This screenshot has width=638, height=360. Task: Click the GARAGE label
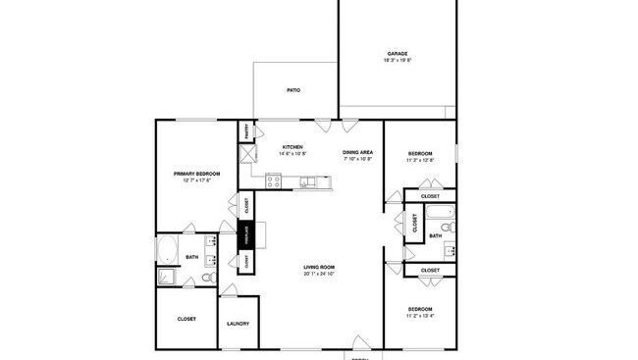[397, 54]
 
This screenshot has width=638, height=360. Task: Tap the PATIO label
[293, 90]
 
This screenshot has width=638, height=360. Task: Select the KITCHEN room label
[292, 147]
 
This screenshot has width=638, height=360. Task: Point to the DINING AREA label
[357, 152]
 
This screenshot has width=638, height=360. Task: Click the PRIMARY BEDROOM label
[196, 174]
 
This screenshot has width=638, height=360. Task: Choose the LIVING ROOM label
[320, 267]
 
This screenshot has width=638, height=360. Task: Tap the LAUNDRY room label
[238, 324]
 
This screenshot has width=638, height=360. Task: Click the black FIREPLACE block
[247, 235]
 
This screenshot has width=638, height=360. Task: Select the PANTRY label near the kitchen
[245, 130]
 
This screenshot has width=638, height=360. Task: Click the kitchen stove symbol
[274, 180]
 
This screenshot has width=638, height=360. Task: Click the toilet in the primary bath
[207, 278]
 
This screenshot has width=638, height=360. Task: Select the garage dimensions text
[397, 61]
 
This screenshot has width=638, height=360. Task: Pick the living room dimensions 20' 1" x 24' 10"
[320, 274]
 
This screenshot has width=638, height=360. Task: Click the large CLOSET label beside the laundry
[186, 319]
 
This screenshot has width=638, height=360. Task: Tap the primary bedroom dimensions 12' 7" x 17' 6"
[196, 180]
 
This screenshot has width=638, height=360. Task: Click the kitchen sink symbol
[308, 180]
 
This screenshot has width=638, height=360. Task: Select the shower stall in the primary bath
[166, 278]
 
